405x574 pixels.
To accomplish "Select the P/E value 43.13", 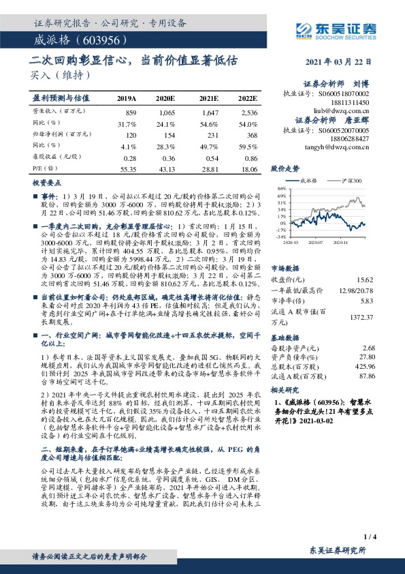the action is coord(166,168).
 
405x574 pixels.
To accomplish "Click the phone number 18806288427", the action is coord(351,138).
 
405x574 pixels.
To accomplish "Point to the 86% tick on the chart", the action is coord(281,189).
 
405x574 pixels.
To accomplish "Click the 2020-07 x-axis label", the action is coord(314,241).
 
